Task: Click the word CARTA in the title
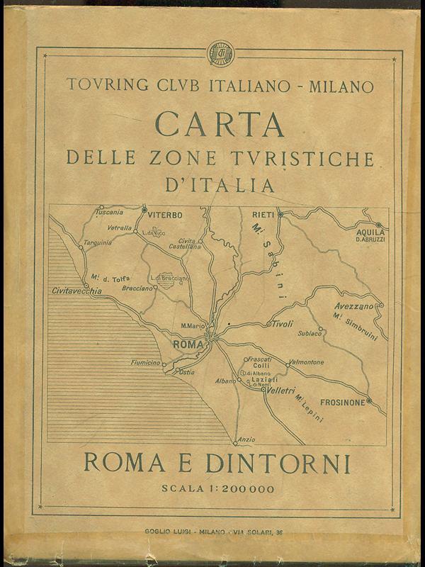coord(220,123)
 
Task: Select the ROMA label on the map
coord(188,345)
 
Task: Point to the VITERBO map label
coord(165,214)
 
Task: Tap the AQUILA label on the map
coord(371,232)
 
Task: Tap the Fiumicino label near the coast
coord(146,363)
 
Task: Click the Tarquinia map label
coord(98,242)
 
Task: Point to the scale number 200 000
coord(244,488)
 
